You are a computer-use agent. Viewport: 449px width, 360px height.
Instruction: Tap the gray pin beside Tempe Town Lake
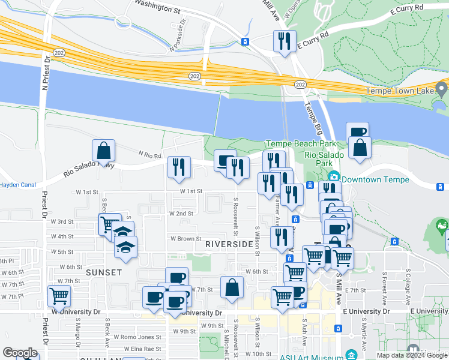click(442, 90)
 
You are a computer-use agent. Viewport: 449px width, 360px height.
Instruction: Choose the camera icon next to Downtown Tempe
click(334, 178)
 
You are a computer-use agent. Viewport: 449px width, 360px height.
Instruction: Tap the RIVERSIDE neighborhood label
click(229, 244)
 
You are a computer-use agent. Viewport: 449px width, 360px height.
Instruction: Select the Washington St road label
click(157, 7)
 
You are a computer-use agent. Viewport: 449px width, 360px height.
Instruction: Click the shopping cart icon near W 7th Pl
click(59, 296)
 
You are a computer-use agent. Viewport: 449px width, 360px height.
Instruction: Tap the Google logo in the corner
click(20, 353)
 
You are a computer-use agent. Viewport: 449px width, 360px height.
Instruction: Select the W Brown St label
click(185, 238)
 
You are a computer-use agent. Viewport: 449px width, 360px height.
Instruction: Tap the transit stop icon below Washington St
click(245, 41)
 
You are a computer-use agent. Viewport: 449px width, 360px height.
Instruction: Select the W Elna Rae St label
click(140, 349)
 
